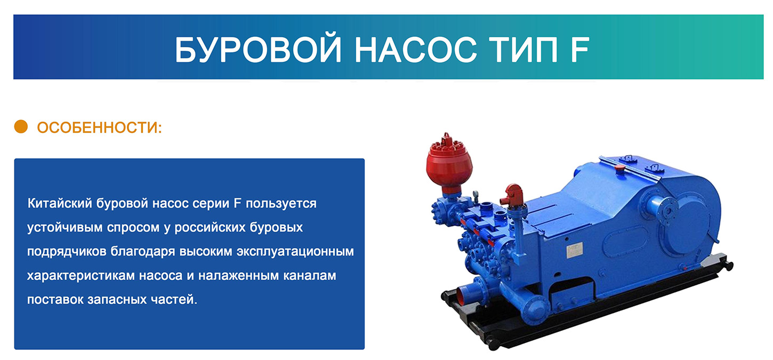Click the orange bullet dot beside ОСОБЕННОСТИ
point(21,126)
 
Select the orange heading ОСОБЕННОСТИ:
point(99,127)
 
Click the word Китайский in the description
point(60,203)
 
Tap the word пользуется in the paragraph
point(281,204)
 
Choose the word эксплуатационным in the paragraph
point(295,252)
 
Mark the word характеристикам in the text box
point(80,276)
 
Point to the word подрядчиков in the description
point(67,252)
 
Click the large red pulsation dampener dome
point(449,162)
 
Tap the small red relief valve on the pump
point(512,195)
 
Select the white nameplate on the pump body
point(575,250)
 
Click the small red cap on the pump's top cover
point(620,168)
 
